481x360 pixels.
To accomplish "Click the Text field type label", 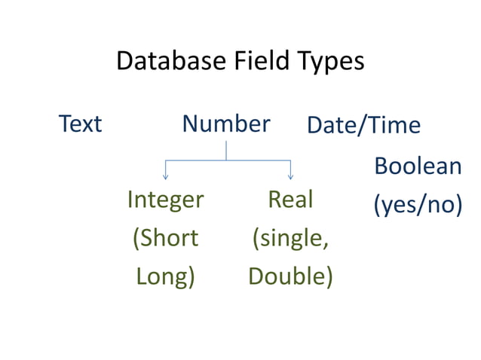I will click(x=80, y=124).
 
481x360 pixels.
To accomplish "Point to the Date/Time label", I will click(x=363, y=125).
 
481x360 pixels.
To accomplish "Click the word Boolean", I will click(x=418, y=166).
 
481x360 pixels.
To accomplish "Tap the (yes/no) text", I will click(x=418, y=205).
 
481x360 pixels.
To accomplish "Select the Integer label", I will click(x=165, y=200).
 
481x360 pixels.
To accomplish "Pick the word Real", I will click(x=290, y=200).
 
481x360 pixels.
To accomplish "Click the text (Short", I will click(x=165, y=238).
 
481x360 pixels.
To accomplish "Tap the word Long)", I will click(x=165, y=276).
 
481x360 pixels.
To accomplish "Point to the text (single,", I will click(x=290, y=239).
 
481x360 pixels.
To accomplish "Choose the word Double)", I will click(x=290, y=276).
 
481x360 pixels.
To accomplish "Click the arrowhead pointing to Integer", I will click(x=165, y=177).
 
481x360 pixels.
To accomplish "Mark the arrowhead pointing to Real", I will click(x=291, y=177).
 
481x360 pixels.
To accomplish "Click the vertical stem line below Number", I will click(x=226, y=151).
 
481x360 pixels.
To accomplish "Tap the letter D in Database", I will click(x=124, y=61).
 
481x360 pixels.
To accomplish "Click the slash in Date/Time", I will click(x=364, y=125).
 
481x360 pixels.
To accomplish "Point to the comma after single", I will click(x=326, y=244).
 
